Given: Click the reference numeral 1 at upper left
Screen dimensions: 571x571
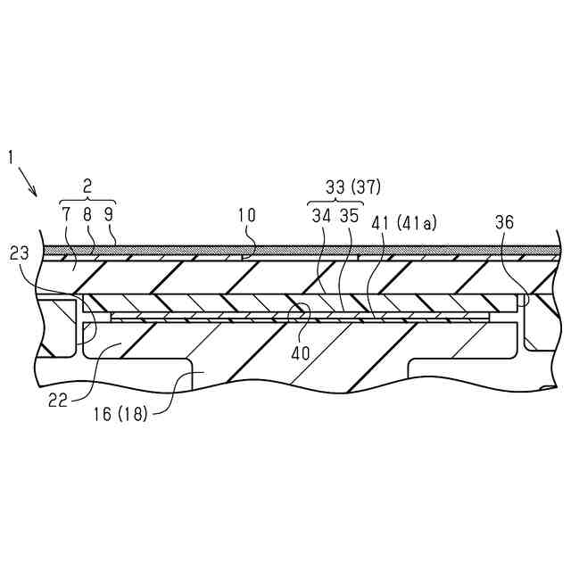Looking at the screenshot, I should point(12,158).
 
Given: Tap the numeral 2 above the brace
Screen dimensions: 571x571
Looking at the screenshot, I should point(87,186).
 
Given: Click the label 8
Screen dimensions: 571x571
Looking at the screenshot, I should point(87,215).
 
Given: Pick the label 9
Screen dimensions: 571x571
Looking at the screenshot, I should point(108,215).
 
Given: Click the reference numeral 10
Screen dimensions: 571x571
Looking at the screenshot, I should point(247,215).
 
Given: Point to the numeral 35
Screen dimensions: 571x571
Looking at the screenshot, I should point(350,215).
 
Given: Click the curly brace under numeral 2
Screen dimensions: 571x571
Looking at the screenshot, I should point(87,199).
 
